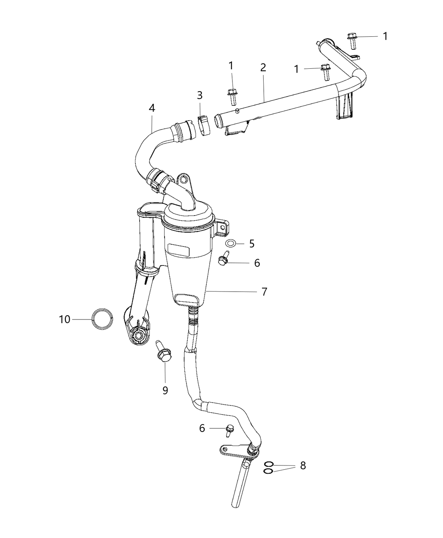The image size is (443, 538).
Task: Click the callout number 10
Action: pyautogui.click(x=65, y=319)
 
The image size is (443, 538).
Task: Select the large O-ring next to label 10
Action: pyautogui.click(x=102, y=319)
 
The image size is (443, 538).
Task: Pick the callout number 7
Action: pyautogui.click(x=264, y=292)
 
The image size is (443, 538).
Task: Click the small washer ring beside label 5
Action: pyautogui.click(x=230, y=243)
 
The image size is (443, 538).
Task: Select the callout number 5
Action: pyautogui.click(x=251, y=243)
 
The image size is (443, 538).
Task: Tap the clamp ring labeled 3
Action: pyautogui.click(x=204, y=125)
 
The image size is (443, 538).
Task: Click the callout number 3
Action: pyautogui.click(x=200, y=95)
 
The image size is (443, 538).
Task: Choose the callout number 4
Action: pyautogui.click(x=152, y=108)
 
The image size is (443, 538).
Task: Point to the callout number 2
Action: pyautogui.click(x=263, y=68)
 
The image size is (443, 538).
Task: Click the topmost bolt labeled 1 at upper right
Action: pyautogui.click(x=352, y=41)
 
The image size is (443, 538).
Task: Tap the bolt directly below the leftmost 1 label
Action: pyautogui.click(x=232, y=97)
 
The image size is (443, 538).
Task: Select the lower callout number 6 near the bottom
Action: pyautogui.click(x=202, y=428)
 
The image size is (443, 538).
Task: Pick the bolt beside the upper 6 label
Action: pyautogui.click(x=224, y=257)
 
